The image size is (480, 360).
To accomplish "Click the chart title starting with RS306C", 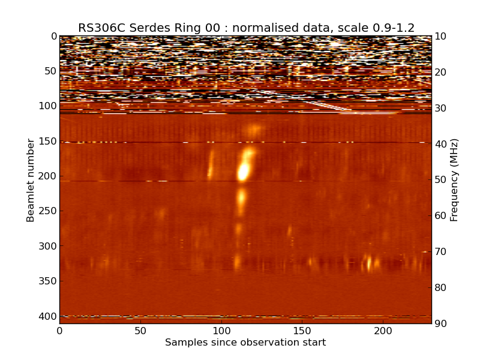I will coord(246,28).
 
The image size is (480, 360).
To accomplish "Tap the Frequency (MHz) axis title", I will coord(454,180).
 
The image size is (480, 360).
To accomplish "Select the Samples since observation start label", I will coord(245,343).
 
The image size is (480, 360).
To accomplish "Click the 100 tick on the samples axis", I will coord(221,331).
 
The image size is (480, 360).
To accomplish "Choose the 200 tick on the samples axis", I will coord(383,331).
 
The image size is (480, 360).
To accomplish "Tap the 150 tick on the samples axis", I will coord(302,331).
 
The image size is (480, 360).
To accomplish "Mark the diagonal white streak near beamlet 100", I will coord(327,106).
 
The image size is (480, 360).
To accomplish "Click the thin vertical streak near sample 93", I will coord(211,165).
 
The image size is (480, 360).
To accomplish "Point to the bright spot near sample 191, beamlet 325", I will coord(368,262).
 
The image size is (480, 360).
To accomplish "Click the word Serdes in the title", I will coord(149,28).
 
